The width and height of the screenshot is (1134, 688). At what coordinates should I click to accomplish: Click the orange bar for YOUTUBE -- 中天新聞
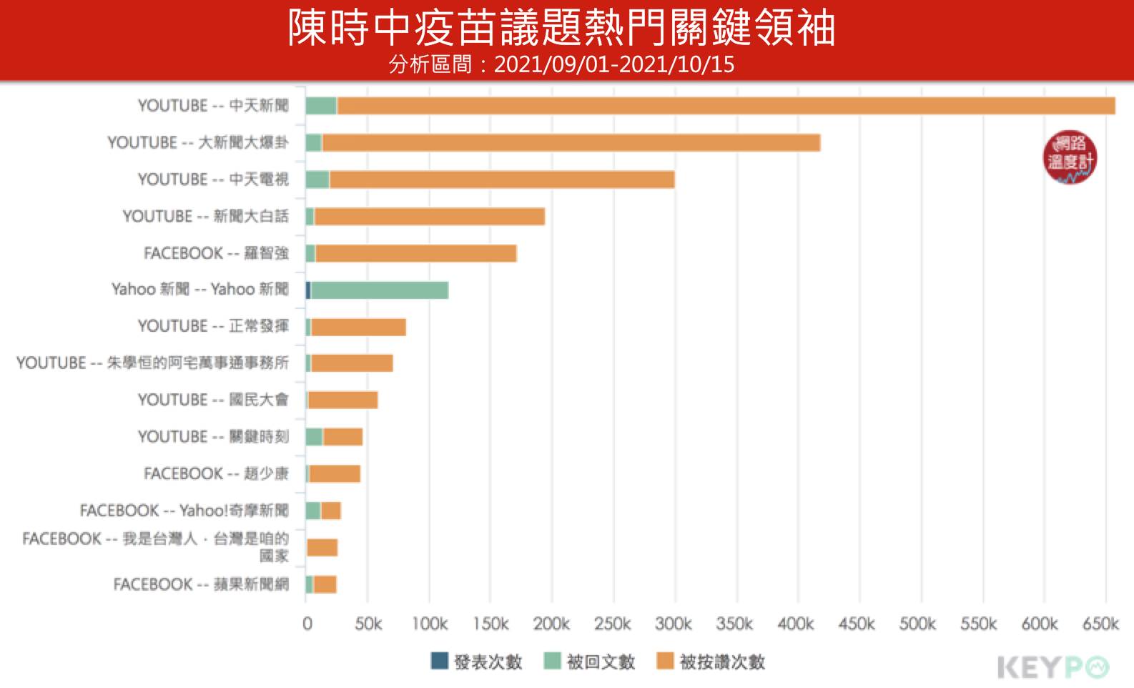(726, 106)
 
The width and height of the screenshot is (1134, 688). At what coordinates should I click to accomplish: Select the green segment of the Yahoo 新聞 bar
(379, 290)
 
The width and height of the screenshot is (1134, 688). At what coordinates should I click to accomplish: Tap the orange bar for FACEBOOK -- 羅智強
(415, 253)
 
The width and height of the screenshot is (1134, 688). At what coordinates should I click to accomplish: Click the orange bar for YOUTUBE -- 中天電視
(501, 180)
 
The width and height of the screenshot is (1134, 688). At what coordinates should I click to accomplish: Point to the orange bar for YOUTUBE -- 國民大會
(343, 400)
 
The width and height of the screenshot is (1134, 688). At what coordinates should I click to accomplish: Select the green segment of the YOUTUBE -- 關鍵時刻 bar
(314, 437)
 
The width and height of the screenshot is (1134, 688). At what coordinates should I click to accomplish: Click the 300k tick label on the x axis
(674, 624)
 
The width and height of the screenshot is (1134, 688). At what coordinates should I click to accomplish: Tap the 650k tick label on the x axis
(1100, 624)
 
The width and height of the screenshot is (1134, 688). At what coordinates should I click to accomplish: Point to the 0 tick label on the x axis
(307, 624)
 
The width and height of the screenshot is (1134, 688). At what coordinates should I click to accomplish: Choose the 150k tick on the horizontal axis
(490, 624)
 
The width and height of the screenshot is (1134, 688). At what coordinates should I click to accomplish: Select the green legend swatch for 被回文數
(552, 661)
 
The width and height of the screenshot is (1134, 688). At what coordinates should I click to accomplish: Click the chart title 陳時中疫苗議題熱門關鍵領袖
(561, 29)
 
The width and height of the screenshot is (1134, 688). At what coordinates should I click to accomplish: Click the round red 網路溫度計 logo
(1070, 157)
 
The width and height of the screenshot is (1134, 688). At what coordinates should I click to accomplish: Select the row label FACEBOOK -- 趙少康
(216, 474)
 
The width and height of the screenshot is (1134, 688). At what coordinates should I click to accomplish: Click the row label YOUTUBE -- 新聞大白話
(205, 216)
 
